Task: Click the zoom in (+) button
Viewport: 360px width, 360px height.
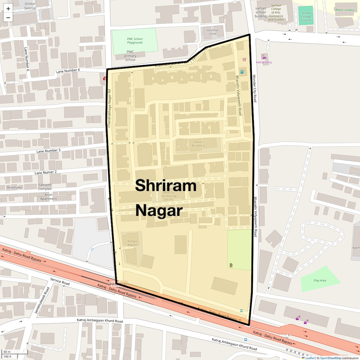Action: [8, 9]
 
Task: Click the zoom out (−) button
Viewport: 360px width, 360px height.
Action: [8, 18]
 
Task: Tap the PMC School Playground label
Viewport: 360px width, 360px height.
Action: [135, 41]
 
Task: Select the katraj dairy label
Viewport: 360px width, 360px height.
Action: [264, 62]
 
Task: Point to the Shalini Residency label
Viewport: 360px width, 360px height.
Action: [198, 144]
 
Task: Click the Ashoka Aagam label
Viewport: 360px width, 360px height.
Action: [132, 243]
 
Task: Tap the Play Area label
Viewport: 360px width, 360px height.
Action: [320, 280]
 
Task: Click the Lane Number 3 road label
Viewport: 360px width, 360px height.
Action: [48, 151]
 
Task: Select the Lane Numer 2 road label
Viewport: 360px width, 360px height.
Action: [45, 172]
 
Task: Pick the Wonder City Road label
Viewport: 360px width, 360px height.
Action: [255, 88]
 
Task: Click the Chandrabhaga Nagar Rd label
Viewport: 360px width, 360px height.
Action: [109, 108]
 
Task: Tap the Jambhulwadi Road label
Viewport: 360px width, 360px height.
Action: [42, 300]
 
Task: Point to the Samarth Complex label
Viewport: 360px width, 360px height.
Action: [45, 187]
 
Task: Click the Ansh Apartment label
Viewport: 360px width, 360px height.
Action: [49, 197]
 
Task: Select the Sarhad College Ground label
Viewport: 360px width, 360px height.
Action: [306, 16]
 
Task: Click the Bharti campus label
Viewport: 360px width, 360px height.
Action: [345, 10]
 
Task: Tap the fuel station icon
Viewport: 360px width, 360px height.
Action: [242, 72]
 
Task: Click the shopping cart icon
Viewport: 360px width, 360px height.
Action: [244, 59]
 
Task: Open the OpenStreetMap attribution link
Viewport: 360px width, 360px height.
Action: [330, 358]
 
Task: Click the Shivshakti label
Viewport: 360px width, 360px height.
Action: [14, 188]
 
